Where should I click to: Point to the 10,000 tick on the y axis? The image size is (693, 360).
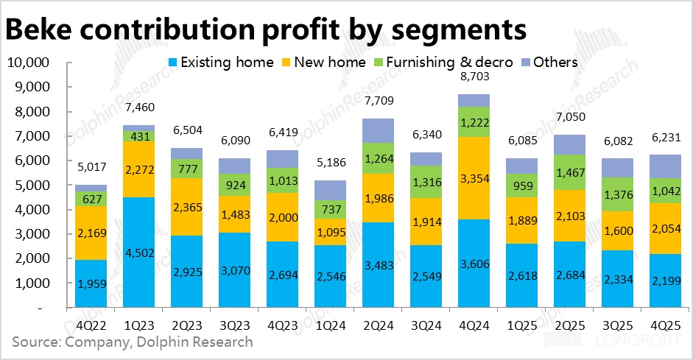tap(27, 63)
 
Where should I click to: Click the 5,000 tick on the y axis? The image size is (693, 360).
tap(31, 185)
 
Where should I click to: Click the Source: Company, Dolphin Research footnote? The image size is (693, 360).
tap(133, 342)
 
